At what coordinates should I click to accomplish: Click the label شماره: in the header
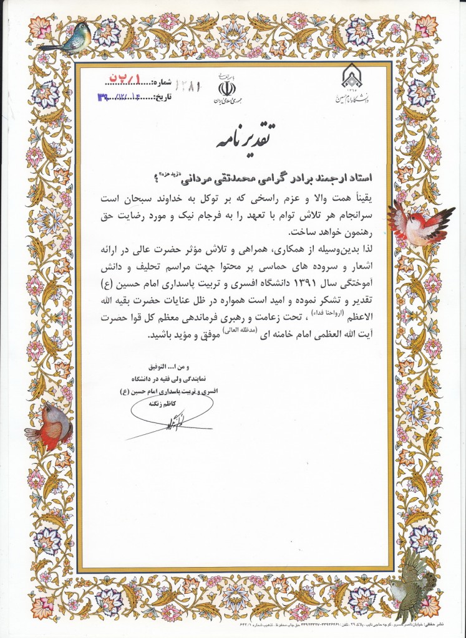pos(161,82)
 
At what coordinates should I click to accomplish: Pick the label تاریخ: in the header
pos(161,97)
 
